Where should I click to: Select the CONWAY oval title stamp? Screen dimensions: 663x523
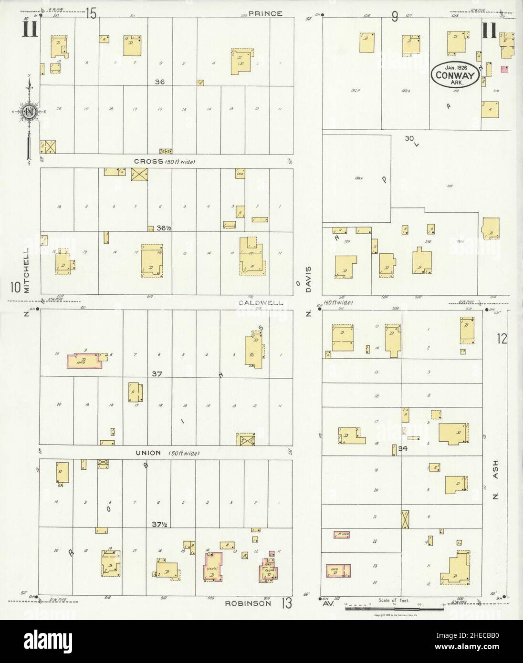pos(455,74)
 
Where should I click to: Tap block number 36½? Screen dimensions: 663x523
pos(163,228)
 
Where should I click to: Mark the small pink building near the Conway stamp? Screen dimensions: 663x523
pos(503,69)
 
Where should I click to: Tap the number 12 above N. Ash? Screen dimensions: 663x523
pos(501,339)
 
